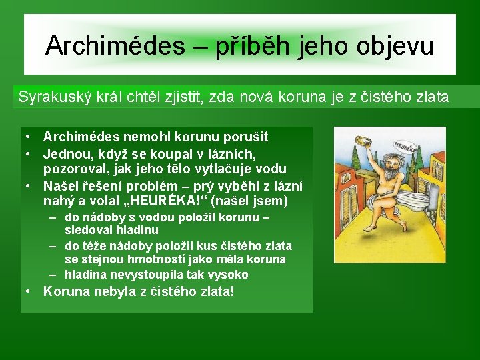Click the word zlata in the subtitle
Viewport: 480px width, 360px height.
(431, 97)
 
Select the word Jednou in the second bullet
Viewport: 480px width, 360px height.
(64, 153)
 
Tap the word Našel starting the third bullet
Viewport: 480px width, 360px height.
(61, 185)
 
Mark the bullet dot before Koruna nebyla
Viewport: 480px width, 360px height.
(28, 292)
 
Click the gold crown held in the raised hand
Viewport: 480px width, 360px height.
(364, 141)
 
